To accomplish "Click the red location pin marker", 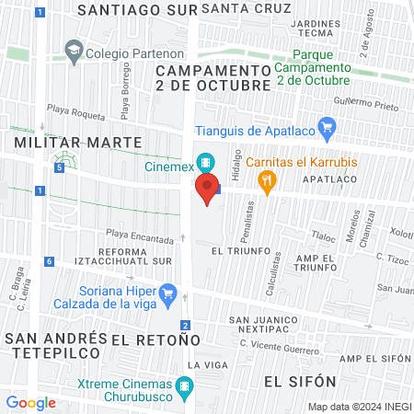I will (x=207, y=189).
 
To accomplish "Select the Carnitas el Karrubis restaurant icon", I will (x=268, y=181).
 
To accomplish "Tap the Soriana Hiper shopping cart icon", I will (x=167, y=296).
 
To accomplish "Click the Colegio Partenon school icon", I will (x=74, y=52).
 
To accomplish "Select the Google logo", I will (x=30, y=402).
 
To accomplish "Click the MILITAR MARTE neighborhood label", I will (x=78, y=143).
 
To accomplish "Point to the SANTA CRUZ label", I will (x=237, y=9).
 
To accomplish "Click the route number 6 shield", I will (x=48, y=262).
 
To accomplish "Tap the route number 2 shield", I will (x=186, y=326).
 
